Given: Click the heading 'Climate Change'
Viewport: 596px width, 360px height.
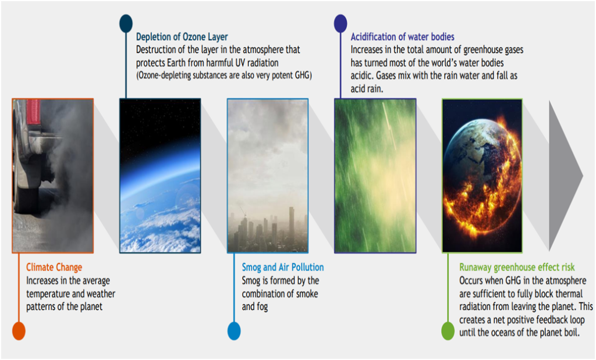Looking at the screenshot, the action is click(54, 268).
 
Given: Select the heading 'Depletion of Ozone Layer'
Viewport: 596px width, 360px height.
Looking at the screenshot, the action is click(182, 37).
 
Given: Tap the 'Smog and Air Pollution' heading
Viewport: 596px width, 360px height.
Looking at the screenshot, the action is click(283, 268).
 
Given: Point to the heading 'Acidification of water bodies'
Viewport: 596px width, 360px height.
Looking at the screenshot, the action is click(403, 37).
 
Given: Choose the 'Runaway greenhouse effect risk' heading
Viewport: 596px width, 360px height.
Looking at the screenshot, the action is click(517, 268).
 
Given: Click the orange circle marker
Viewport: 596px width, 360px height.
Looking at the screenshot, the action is click(19, 331).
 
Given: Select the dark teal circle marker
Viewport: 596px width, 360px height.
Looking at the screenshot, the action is click(126, 23).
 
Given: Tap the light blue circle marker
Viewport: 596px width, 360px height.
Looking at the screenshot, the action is click(234, 331).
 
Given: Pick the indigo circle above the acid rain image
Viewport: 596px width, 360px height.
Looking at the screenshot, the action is click(340, 23).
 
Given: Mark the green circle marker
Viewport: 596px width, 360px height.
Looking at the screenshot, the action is click(448, 331).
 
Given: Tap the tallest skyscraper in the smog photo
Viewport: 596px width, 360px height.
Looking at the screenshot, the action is click(292, 226).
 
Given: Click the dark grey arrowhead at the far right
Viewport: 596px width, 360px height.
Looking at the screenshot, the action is click(565, 176).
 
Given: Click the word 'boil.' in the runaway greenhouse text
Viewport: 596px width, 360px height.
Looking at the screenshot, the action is click(571, 333).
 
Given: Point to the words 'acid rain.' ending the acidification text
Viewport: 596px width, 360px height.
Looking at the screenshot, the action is click(367, 89).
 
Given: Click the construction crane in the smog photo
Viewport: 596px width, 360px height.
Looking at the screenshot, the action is click(242, 211).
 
